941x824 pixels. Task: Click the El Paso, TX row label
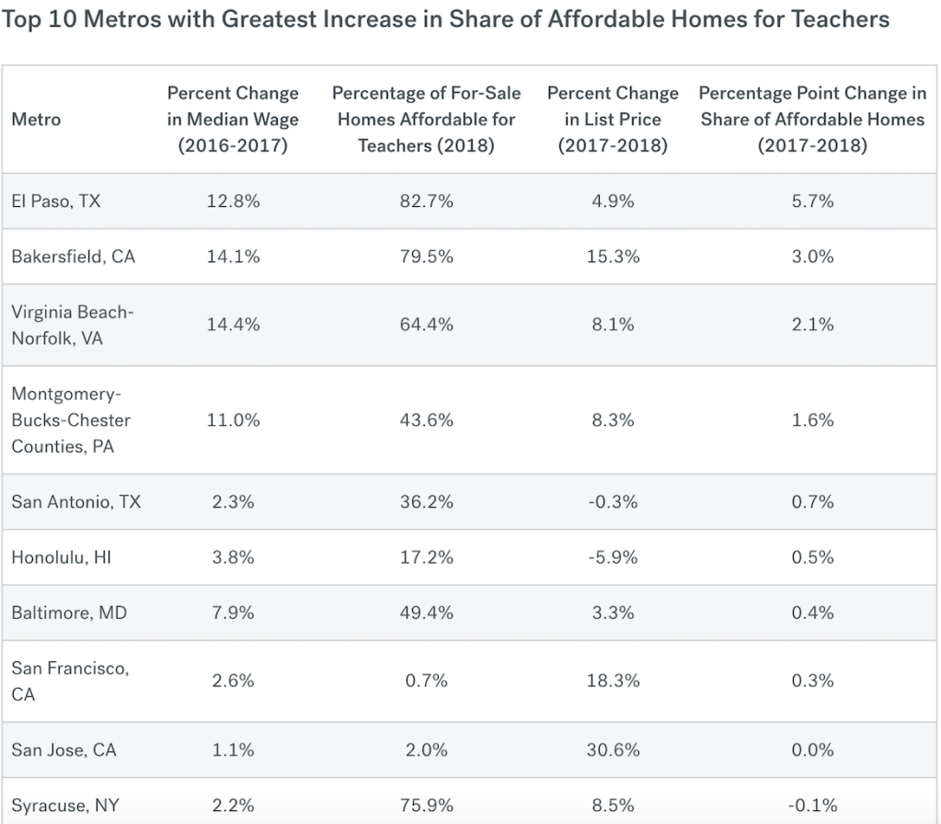(x=56, y=201)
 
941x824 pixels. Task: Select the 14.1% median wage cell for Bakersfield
(x=234, y=257)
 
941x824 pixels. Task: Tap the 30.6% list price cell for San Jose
(x=613, y=750)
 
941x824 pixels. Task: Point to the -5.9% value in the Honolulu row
(x=613, y=557)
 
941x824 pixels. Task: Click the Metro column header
(x=36, y=120)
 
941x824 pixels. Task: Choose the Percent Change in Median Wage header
(x=234, y=120)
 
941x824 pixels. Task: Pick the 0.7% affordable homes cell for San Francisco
(x=426, y=681)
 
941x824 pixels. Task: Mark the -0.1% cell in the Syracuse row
(x=812, y=806)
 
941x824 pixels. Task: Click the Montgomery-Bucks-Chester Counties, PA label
(x=71, y=420)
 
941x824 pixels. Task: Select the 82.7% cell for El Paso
(x=426, y=201)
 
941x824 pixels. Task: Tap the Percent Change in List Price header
(x=613, y=120)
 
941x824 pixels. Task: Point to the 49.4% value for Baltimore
(x=426, y=612)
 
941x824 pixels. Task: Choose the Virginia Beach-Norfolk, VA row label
(x=73, y=325)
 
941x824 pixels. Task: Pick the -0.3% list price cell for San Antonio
(x=613, y=502)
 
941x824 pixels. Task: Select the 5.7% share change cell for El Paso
(x=812, y=201)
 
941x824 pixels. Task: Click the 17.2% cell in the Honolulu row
(x=426, y=557)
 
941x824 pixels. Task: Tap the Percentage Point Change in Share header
(x=812, y=120)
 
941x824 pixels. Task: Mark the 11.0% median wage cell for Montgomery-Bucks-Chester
(x=234, y=420)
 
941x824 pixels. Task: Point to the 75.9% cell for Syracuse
(x=426, y=806)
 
